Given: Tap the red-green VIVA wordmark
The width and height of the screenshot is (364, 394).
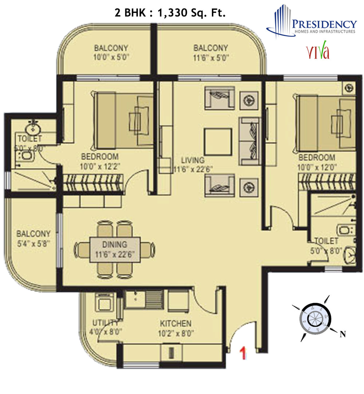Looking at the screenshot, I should point(318,52).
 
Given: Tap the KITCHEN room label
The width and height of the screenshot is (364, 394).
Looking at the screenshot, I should point(176,323).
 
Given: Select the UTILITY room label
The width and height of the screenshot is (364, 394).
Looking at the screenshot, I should point(105,323).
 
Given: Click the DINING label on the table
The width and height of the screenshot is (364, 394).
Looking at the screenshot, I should point(115,244).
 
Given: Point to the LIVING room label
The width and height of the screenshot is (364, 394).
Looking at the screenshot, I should point(193,160).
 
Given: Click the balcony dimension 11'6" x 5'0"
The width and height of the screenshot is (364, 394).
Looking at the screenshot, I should point(210,57).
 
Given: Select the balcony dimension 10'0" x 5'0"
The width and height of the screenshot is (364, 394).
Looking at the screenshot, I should point(112,57).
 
